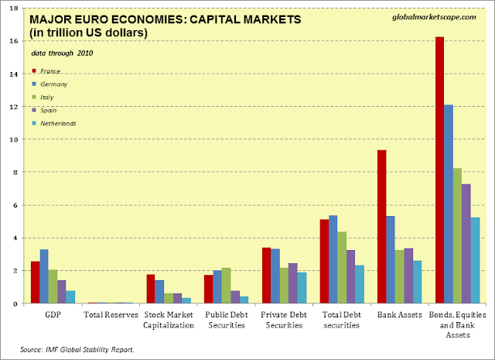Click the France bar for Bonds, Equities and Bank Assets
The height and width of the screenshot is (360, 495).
click(439, 170)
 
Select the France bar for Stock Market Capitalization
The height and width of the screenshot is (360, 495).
click(151, 289)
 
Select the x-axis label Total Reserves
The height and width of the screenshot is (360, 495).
click(111, 316)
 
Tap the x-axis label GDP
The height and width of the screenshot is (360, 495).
click(54, 316)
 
